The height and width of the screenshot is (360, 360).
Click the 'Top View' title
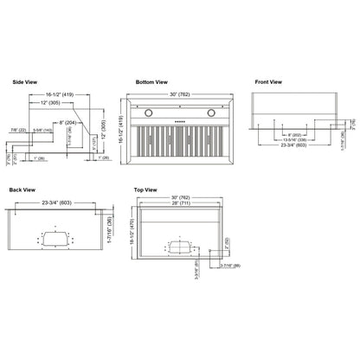pos(145,189)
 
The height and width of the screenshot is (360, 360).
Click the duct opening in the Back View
pos(58,238)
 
